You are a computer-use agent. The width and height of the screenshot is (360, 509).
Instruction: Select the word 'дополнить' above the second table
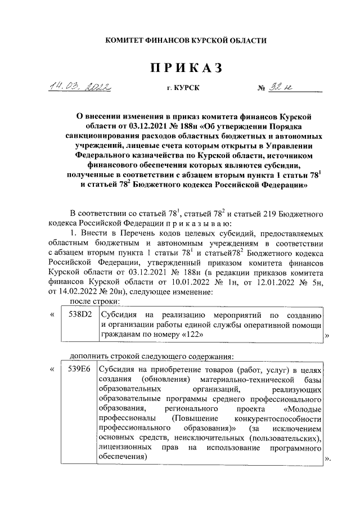click(x=89, y=356)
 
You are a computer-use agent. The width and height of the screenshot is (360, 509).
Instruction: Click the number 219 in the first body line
click(x=247, y=213)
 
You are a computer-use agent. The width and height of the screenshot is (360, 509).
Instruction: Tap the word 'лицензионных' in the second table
click(x=125, y=448)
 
